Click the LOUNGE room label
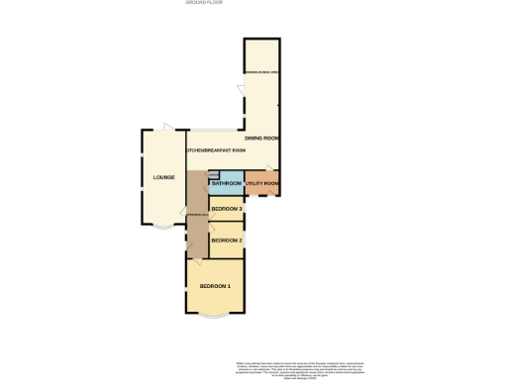(163, 177)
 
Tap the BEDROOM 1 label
(215, 287)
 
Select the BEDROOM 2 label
(227, 239)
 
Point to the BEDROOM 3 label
(227, 209)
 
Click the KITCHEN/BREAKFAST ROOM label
(215, 150)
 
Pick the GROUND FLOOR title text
(204, 3)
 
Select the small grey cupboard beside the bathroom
(213, 175)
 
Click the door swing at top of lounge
(167, 127)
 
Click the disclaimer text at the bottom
(293, 367)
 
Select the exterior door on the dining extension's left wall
(241, 92)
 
